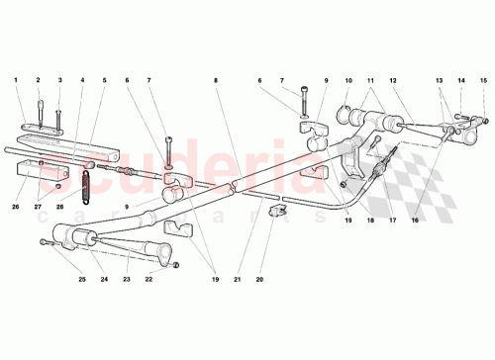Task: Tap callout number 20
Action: pos(259,279)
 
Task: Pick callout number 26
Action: pos(17,207)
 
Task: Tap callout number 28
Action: pos(59,207)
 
